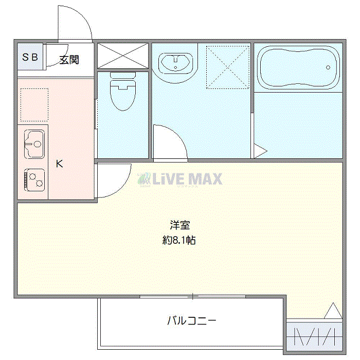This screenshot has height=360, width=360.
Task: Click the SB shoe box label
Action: [30, 57]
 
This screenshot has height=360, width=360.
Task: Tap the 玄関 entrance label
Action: [69, 60]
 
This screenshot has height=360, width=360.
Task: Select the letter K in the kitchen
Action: [60, 164]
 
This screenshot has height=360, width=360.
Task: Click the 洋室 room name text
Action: [180, 225]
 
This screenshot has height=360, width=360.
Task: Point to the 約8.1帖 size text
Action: [179, 240]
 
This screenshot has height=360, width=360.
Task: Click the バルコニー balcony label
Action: [192, 320]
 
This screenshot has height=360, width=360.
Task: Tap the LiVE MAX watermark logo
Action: [180, 179]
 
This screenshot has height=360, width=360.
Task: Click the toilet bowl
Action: [123, 92]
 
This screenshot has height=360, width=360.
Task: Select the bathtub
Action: [298, 67]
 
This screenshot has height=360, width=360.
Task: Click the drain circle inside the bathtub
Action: [328, 67]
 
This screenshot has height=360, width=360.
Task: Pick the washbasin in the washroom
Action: [175, 63]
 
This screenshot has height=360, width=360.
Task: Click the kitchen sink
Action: [34, 144]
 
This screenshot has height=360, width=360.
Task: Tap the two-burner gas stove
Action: [34, 180]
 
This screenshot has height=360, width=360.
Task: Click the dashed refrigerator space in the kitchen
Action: [34, 105]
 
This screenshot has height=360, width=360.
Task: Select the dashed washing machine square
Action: [228, 67]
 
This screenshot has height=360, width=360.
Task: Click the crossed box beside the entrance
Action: [123, 56]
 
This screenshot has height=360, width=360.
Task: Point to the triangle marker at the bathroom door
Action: [260, 151]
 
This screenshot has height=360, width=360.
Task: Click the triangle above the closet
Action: [333, 311]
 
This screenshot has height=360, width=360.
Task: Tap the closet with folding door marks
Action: [315, 337]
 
